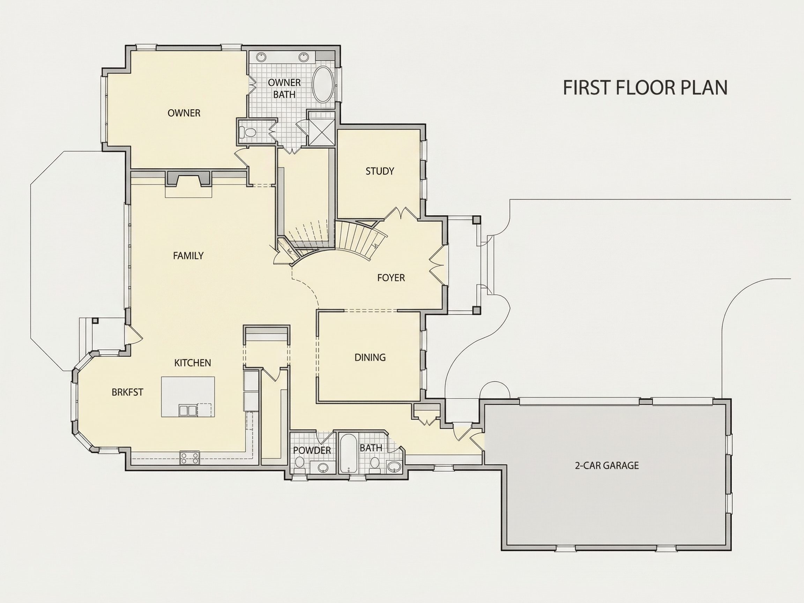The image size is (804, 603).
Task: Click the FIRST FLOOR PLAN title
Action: pyautogui.click(x=645, y=88)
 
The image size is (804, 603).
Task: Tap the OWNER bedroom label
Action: pyautogui.click(x=184, y=113)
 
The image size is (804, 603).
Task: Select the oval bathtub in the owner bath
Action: pyautogui.click(x=322, y=84)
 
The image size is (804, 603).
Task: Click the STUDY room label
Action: pyautogui.click(x=380, y=171)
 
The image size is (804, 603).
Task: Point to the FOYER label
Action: pyautogui.click(x=391, y=278)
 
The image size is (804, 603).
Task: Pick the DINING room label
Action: pyautogui.click(x=370, y=357)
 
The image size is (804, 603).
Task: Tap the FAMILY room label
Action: pyautogui.click(x=188, y=256)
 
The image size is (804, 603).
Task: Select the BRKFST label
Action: pyautogui.click(x=128, y=392)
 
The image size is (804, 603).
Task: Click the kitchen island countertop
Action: pyautogui.click(x=188, y=397)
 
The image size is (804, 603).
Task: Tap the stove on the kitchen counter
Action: pyautogui.click(x=190, y=457)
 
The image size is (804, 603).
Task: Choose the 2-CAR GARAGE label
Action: pyautogui.click(x=606, y=465)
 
